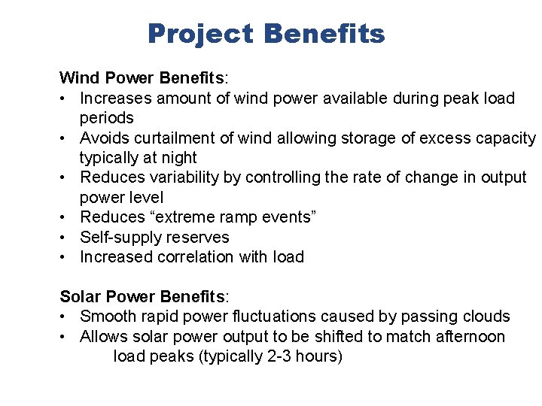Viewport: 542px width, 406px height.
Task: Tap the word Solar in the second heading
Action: (x=80, y=296)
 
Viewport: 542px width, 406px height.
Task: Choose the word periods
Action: (x=107, y=118)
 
